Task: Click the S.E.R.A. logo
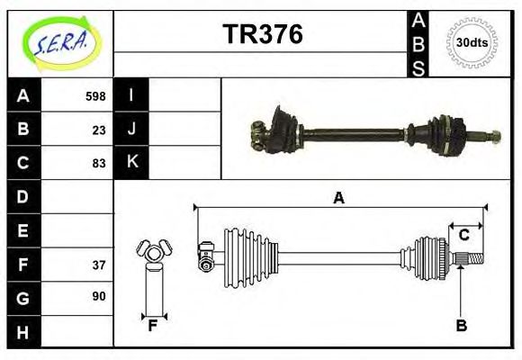pyautogui.click(x=60, y=41)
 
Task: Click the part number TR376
pyautogui.click(x=262, y=34)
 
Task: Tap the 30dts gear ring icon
pyautogui.click(x=472, y=41)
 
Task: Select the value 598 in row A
pyautogui.click(x=94, y=95)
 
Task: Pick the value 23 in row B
pyautogui.click(x=98, y=129)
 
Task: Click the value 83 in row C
pyautogui.click(x=98, y=163)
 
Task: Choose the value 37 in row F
pyautogui.click(x=98, y=265)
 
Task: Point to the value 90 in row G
pyautogui.click(x=98, y=296)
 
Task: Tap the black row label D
pyautogui.click(x=22, y=196)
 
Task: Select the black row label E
pyautogui.click(x=22, y=230)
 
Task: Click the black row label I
pyautogui.click(x=131, y=95)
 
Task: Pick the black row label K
pyautogui.click(x=131, y=163)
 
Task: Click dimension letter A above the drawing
pyautogui.click(x=338, y=198)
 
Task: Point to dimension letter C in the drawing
pyautogui.click(x=463, y=235)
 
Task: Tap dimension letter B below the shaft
pyautogui.click(x=461, y=326)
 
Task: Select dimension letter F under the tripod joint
pyautogui.click(x=152, y=326)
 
